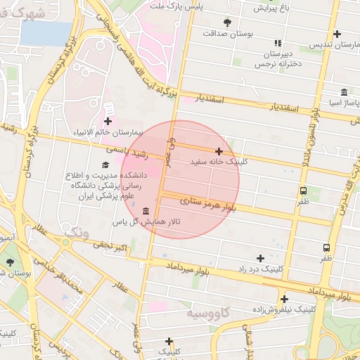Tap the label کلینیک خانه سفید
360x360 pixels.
219,162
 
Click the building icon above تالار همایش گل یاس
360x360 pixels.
146,211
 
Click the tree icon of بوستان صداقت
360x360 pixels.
226,22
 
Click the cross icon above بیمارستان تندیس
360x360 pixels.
337,34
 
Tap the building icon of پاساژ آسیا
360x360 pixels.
344,93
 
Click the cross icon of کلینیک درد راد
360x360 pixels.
261,259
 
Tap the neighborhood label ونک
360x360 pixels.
76,232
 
